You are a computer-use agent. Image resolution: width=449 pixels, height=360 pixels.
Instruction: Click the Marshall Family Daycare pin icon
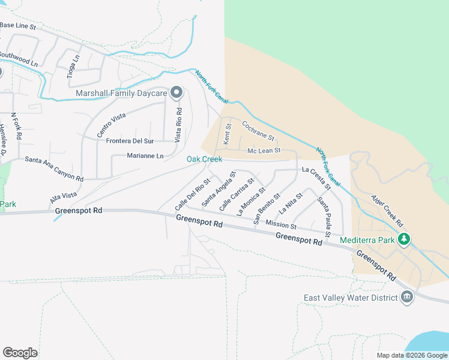pos(176,93)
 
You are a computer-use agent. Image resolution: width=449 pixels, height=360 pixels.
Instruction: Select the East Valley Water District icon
pos(407,298)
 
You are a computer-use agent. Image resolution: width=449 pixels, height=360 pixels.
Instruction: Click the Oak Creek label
pos(204,159)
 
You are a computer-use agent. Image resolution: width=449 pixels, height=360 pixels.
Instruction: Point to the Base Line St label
pos(18,26)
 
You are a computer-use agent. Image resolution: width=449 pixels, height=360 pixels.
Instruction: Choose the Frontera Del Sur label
pos(130,141)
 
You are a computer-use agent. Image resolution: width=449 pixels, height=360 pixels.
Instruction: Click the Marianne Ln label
pos(145,156)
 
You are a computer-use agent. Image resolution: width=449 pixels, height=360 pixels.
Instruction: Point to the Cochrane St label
pos(258,132)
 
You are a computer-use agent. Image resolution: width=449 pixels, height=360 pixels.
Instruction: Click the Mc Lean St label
pos(264,151)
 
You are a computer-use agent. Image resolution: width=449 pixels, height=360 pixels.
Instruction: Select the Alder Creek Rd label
pos(385,208)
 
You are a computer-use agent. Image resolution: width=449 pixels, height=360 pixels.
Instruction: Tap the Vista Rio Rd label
pos(178,124)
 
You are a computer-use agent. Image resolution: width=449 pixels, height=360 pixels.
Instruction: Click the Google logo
pos(20,353)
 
